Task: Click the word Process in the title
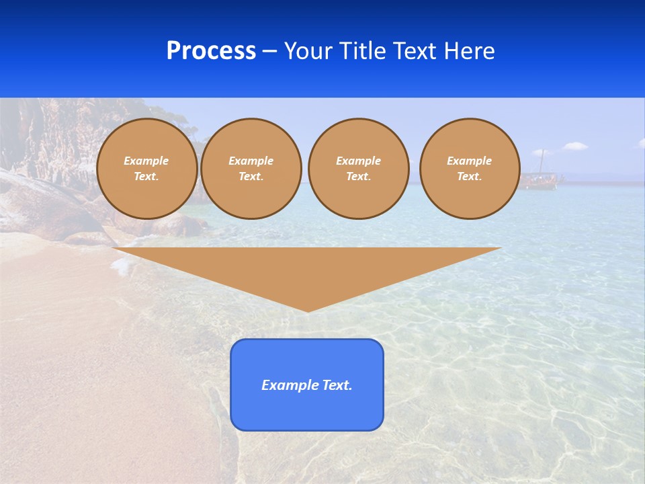[211, 51]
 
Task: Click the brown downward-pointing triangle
[307, 269]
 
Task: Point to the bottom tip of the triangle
[308, 310]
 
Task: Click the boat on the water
[539, 179]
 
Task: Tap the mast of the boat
[542, 161]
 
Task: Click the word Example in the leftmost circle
[146, 161]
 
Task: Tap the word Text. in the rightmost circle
[470, 176]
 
